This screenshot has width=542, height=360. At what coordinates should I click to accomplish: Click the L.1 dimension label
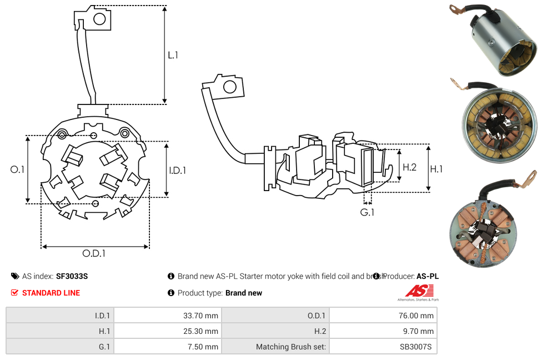(173, 55)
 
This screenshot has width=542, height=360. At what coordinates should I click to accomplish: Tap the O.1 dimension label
(17, 169)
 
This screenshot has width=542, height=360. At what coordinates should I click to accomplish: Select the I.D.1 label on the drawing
(177, 171)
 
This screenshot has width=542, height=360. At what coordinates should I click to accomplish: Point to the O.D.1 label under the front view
(94, 253)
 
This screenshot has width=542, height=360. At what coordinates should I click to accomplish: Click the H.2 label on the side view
(409, 167)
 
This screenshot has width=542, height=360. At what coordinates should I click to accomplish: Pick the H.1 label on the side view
(436, 169)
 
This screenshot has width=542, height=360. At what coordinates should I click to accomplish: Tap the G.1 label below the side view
(367, 212)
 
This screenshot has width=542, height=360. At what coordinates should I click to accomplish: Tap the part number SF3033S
(72, 276)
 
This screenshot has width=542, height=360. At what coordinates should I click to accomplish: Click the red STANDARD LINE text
(51, 293)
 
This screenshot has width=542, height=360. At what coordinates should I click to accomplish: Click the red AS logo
(418, 291)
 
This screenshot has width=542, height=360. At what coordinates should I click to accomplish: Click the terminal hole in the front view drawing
(100, 20)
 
